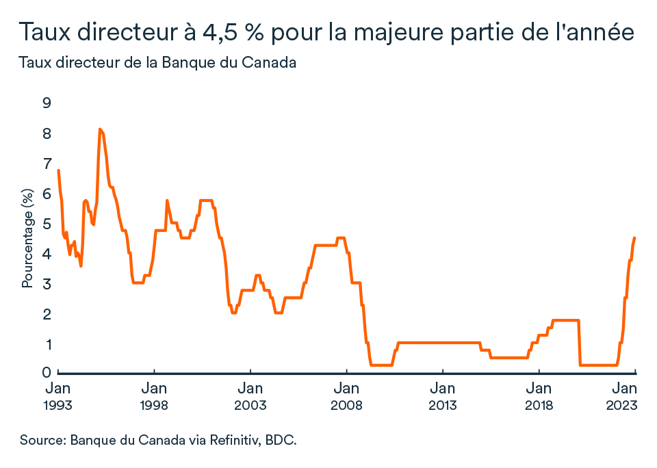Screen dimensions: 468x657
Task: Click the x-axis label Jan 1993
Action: click(x=58, y=395)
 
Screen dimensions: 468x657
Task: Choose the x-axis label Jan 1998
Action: click(x=154, y=395)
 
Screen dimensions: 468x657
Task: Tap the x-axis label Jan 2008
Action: click(x=346, y=395)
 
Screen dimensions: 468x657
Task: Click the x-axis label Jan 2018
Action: click(x=539, y=395)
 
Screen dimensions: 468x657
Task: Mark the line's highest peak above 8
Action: click(x=100, y=129)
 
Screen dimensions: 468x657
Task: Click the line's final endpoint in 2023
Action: click(x=635, y=238)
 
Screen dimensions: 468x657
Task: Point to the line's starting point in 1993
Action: click(x=58, y=170)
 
